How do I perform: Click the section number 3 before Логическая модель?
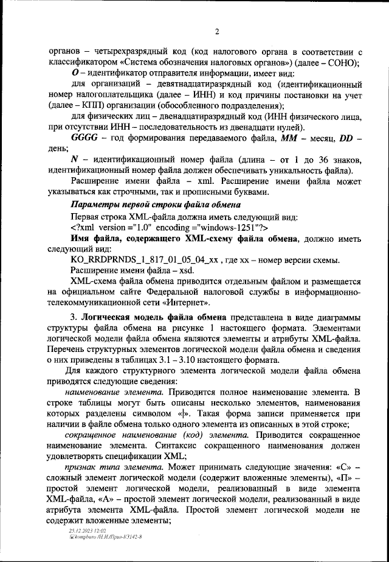(74, 319)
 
